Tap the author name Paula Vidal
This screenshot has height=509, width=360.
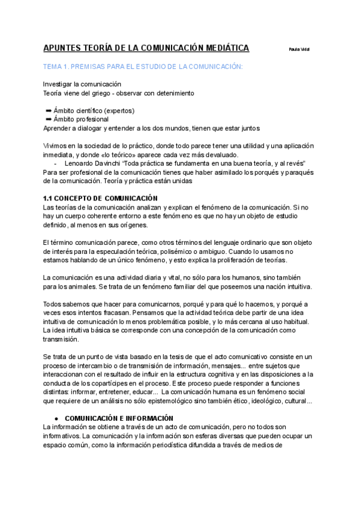coord(299,49)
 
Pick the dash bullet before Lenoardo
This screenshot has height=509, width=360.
coord(55,164)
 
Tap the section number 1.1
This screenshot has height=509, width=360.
coord(49,199)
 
